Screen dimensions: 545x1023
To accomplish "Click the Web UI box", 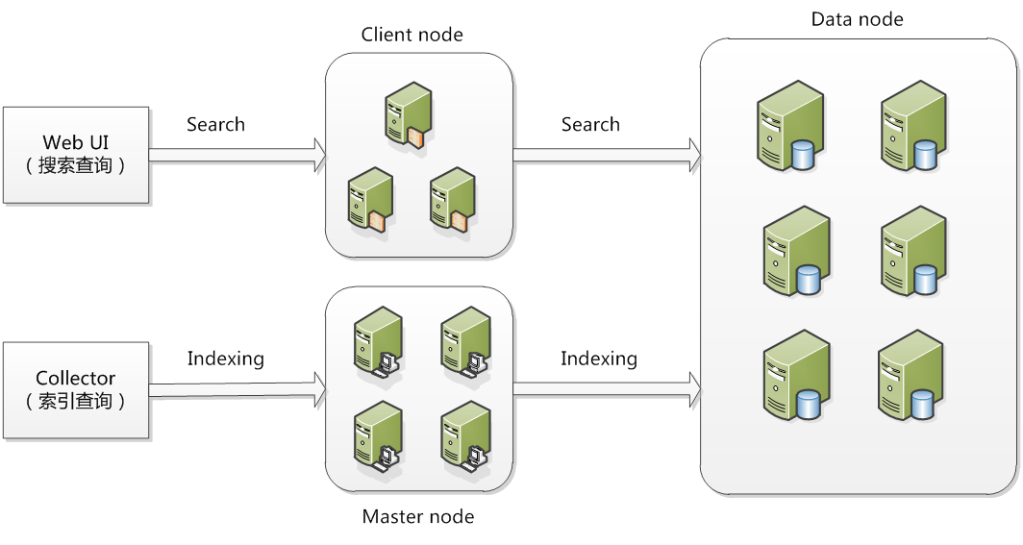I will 76,155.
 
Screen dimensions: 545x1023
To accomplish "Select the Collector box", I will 76,389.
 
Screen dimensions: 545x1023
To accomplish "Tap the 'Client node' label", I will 412,36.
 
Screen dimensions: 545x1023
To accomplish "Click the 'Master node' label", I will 417,517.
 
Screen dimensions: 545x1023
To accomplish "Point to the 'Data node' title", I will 857,19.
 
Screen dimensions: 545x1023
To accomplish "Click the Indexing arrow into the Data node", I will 607,386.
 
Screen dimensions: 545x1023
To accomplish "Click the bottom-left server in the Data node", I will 794,376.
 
